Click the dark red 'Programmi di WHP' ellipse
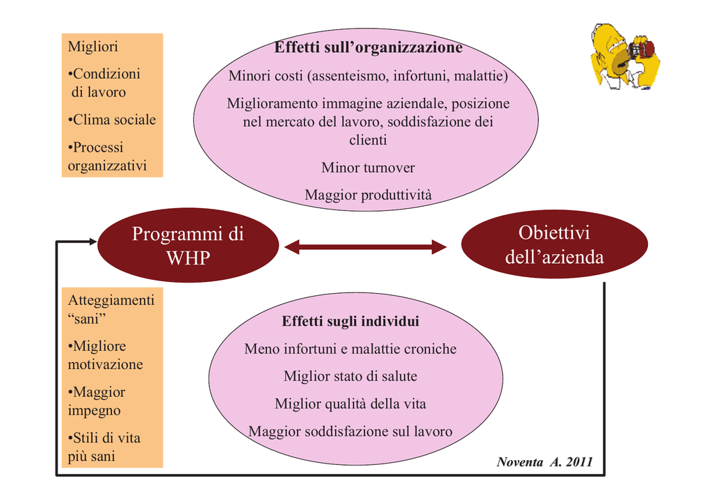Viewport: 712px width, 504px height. pyautogui.click(x=188, y=245)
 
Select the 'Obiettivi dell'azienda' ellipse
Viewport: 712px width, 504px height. pyautogui.click(x=554, y=245)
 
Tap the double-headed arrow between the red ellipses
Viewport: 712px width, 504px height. pyautogui.click(x=365, y=246)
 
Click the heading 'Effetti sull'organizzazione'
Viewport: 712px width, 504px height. pyautogui.click(x=368, y=48)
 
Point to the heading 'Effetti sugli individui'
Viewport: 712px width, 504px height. pyautogui.click(x=350, y=322)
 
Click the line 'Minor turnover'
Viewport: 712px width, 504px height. pyautogui.click(x=368, y=168)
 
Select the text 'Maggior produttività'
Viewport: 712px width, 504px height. pyautogui.click(x=368, y=195)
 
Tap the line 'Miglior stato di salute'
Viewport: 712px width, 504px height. pyautogui.click(x=350, y=377)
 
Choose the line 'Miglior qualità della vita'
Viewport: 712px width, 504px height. pyautogui.click(x=350, y=404)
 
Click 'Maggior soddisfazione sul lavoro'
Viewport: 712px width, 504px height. pyautogui.click(x=350, y=432)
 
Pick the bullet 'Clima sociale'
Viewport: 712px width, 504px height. pyautogui.click(x=113, y=120)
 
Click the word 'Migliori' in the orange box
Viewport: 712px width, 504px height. pyautogui.click(x=92, y=47)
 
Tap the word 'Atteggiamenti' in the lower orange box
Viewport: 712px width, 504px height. pyautogui.click(x=111, y=301)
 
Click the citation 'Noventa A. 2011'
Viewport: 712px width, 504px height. pyautogui.click(x=544, y=463)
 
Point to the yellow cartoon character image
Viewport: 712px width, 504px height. pyautogui.click(x=624, y=56)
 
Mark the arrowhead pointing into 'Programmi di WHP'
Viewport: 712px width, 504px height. pyautogui.click(x=92, y=242)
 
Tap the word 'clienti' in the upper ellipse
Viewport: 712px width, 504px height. pyautogui.click(x=368, y=140)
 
